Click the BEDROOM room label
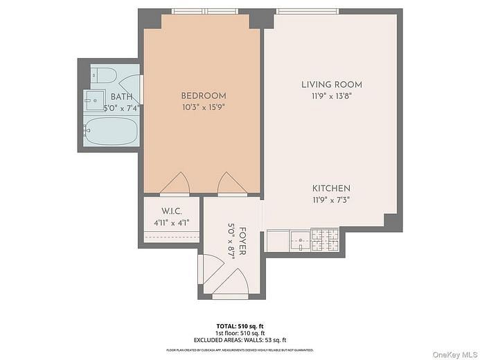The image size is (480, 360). click(203, 96)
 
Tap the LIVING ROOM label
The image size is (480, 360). click(331, 84)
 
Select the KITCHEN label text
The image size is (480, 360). click(331, 188)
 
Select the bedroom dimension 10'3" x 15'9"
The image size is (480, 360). click(203, 107)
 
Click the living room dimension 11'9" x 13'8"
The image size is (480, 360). click(331, 96)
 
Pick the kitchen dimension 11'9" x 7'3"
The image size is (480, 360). click(331, 200)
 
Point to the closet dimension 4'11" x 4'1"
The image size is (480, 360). click(170, 222)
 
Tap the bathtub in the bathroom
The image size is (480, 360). click(111, 131)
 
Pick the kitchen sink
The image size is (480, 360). click(299, 241)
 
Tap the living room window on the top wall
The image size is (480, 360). click(307, 12)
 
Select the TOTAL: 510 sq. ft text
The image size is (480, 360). click(240, 325)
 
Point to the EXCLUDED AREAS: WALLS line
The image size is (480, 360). click(240, 340)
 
